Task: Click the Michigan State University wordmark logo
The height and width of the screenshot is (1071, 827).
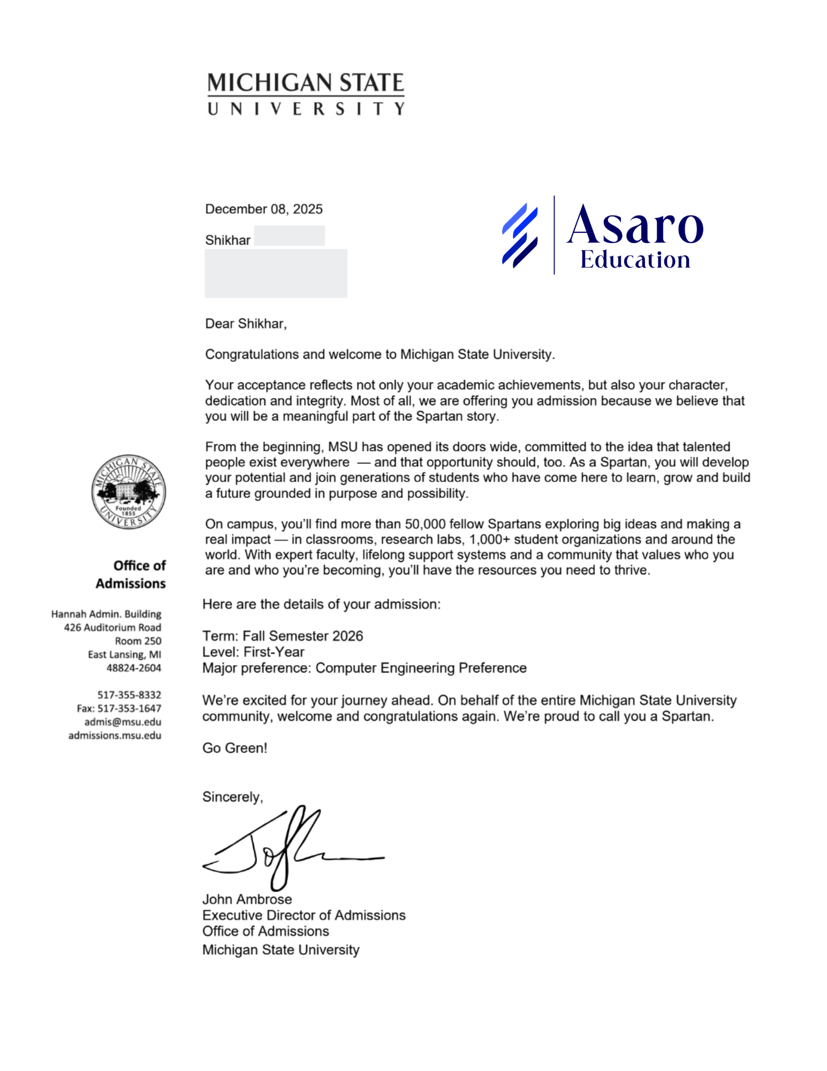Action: click(x=306, y=94)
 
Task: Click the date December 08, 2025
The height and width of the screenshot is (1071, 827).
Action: click(x=264, y=209)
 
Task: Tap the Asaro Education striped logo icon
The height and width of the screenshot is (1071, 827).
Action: click(x=519, y=235)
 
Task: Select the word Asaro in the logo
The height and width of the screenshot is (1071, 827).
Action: click(x=635, y=225)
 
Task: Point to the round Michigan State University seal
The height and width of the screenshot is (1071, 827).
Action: click(x=128, y=492)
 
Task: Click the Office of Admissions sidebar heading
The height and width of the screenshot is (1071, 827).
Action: click(x=131, y=574)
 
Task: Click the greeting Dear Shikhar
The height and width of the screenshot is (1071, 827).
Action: click(x=246, y=323)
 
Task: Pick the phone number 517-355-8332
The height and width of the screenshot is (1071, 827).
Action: click(x=129, y=695)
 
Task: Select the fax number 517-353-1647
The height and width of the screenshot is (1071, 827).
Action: click(x=129, y=708)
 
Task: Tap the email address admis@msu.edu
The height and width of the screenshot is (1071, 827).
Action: click(x=123, y=721)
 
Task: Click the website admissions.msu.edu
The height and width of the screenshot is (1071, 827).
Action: click(x=115, y=735)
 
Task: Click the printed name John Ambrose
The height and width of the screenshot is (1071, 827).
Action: click(x=247, y=899)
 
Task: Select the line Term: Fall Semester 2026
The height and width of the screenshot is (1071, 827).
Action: click(x=283, y=636)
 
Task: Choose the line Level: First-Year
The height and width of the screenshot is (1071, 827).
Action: click(x=253, y=652)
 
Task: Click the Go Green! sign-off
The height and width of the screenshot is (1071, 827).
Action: click(x=234, y=748)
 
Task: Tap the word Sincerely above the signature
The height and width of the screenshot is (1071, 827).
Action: click(x=232, y=797)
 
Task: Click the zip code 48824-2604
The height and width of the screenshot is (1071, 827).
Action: click(x=134, y=668)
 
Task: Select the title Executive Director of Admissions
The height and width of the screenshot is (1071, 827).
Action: click(x=304, y=915)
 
